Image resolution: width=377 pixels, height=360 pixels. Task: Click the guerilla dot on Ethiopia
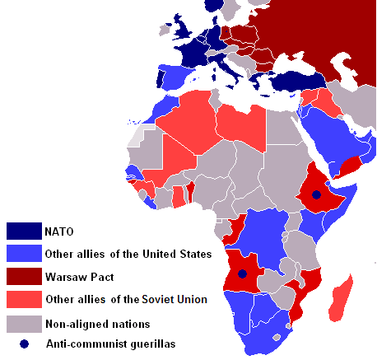point(316,195)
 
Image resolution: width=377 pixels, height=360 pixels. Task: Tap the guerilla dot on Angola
point(242,274)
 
